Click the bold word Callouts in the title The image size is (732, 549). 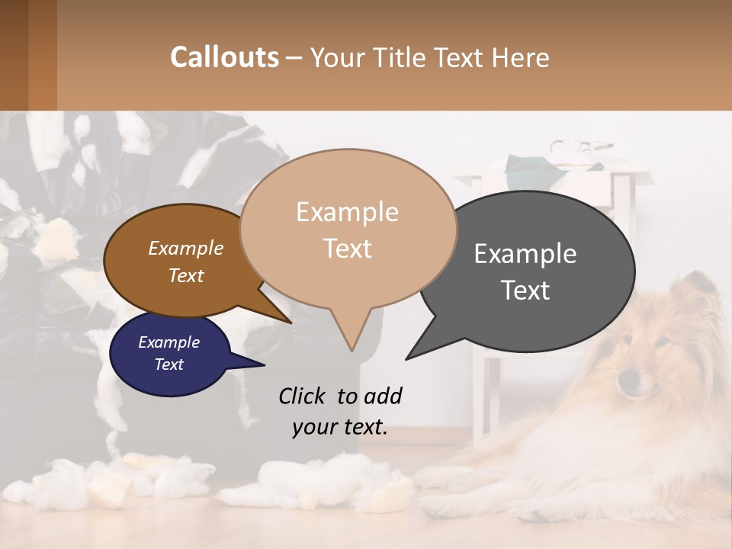pos(224,57)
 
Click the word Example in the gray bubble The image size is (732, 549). pos(525,254)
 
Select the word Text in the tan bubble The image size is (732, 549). pos(348,249)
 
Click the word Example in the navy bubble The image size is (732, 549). pos(169,342)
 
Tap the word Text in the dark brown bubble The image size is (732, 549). pos(186,275)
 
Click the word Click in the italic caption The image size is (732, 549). pos(303,396)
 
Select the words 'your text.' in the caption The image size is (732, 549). pos(340,427)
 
